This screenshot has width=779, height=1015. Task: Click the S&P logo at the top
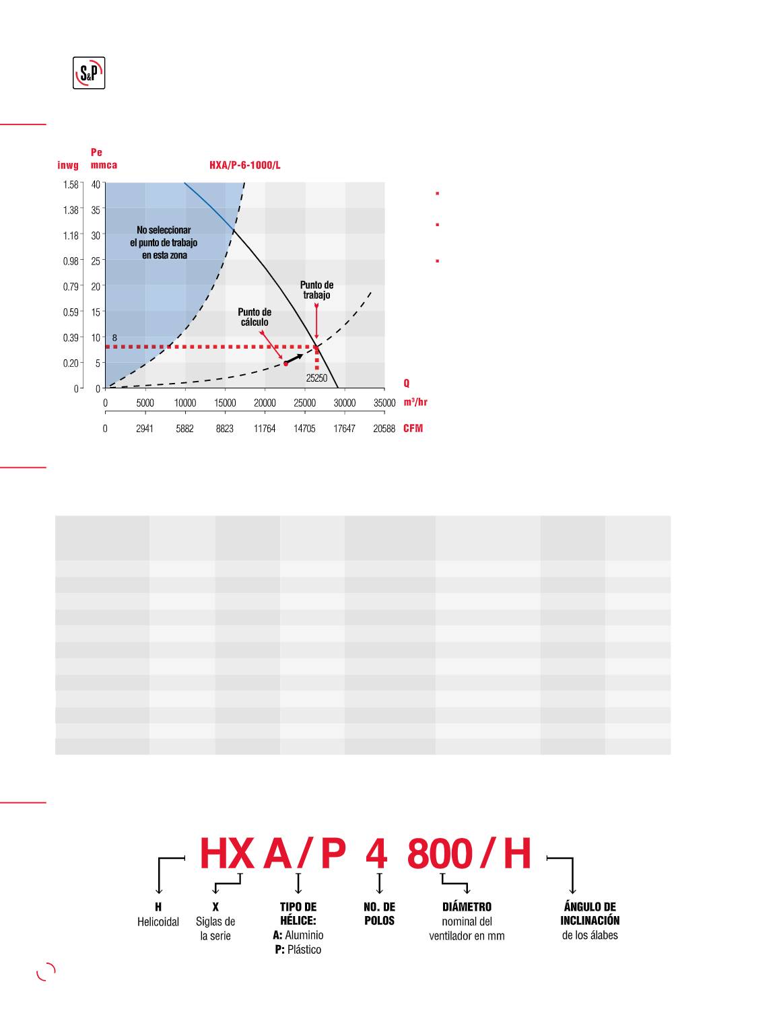(x=89, y=73)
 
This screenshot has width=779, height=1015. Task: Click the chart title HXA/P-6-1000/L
(x=244, y=166)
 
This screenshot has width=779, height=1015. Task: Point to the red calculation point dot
(x=286, y=363)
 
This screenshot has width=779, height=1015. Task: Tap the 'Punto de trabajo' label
(x=316, y=289)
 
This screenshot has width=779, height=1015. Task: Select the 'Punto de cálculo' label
(x=255, y=317)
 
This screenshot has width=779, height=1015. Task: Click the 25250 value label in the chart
(x=316, y=378)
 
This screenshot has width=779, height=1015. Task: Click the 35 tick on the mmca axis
(x=96, y=210)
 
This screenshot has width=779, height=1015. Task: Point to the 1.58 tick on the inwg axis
(x=71, y=184)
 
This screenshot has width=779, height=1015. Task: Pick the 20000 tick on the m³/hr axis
(x=265, y=403)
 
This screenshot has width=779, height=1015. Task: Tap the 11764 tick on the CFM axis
(x=265, y=428)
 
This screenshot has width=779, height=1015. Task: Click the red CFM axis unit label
(x=413, y=428)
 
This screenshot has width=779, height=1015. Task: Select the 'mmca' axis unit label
(x=104, y=166)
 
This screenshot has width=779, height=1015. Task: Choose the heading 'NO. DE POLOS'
(x=379, y=913)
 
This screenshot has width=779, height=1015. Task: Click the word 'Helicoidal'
(x=158, y=922)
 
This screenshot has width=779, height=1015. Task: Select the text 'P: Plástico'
(x=298, y=950)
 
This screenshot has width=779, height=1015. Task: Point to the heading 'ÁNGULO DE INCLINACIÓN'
(x=590, y=913)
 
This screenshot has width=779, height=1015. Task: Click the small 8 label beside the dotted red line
(x=115, y=338)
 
